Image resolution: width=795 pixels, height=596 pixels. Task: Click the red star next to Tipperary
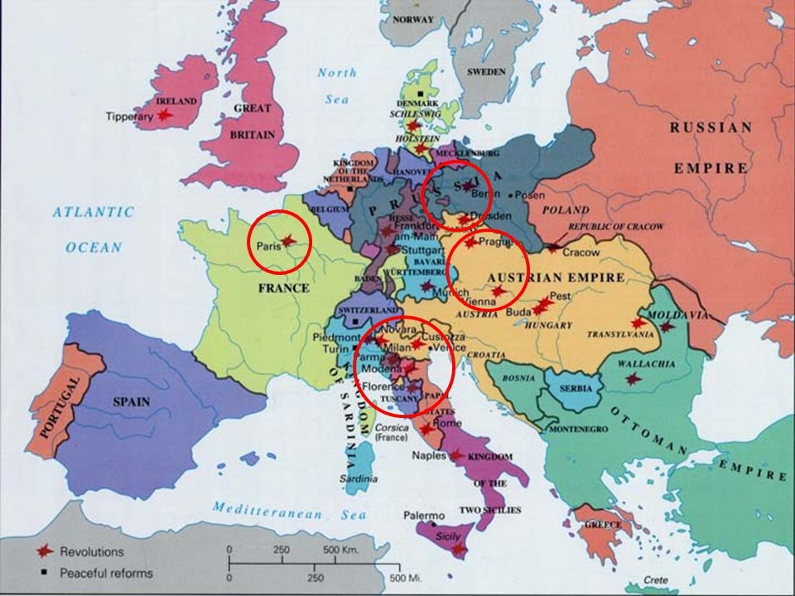(x=165, y=115)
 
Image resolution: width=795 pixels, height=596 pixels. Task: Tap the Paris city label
(x=266, y=245)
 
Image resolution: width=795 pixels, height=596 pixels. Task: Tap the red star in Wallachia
(x=633, y=379)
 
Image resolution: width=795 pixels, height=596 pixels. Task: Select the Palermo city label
(x=424, y=516)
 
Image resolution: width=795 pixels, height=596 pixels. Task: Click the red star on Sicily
(x=458, y=549)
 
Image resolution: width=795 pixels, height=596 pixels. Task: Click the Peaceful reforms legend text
(x=105, y=572)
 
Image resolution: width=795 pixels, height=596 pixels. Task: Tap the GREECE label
(x=603, y=525)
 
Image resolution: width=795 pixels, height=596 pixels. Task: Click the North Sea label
(x=337, y=85)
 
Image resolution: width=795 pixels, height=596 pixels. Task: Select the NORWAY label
(x=412, y=19)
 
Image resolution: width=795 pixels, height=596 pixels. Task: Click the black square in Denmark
(x=422, y=93)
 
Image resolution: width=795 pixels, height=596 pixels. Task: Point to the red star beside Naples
(x=455, y=455)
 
